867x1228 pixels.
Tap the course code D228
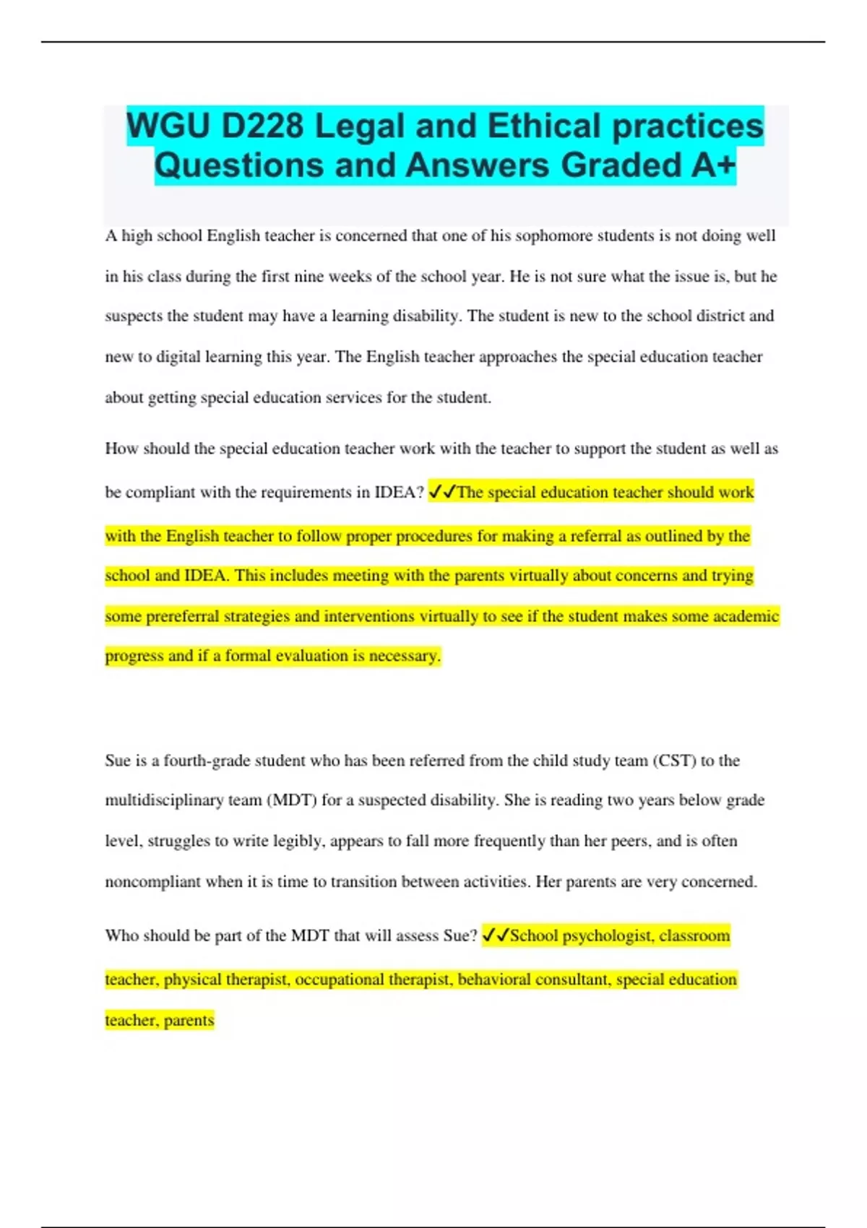[x=263, y=126]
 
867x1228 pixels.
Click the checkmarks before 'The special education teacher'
[x=441, y=493]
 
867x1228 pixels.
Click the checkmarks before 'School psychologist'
[x=495, y=936]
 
